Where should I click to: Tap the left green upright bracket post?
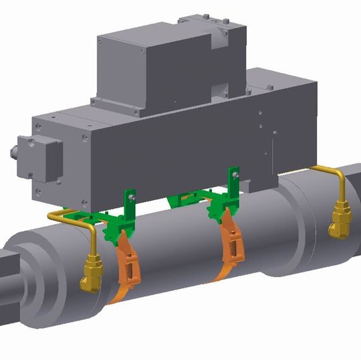[131, 204]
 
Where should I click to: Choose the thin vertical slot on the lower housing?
[273, 144]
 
